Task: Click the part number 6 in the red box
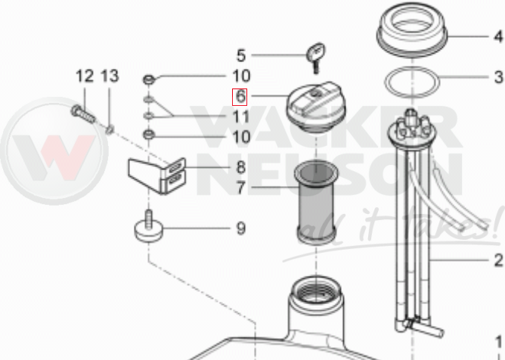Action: pyautogui.click(x=240, y=97)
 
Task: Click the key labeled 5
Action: pyautogui.click(x=316, y=57)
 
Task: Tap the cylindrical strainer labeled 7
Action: pyautogui.click(x=316, y=203)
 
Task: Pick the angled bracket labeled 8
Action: pyautogui.click(x=156, y=175)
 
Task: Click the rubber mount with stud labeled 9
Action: pyautogui.click(x=148, y=226)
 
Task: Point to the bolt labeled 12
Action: pyautogui.click(x=82, y=114)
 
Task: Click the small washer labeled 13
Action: pyautogui.click(x=110, y=130)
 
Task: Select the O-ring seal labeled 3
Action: pyautogui.click(x=411, y=82)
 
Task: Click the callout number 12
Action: pyautogui.click(x=85, y=76)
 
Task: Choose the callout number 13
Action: pyautogui.click(x=110, y=76)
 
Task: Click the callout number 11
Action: pyautogui.click(x=241, y=116)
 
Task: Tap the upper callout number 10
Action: pyautogui.click(x=241, y=76)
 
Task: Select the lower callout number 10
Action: pyautogui.click(x=241, y=137)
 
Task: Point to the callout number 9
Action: pyautogui.click(x=241, y=228)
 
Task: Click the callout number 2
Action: pyautogui.click(x=498, y=260)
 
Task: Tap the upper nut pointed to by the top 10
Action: pyautogui.click(x=149, y=79)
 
